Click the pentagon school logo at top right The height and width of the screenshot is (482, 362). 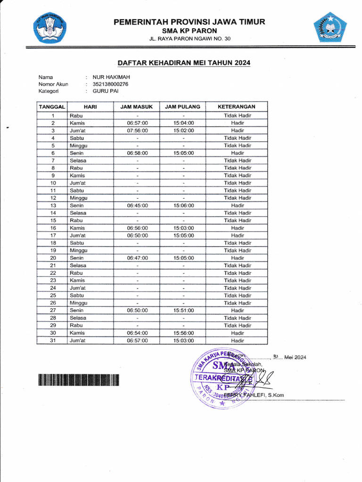click(x=330, y=28)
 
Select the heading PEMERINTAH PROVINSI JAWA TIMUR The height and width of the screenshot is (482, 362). click(x=189, y=22)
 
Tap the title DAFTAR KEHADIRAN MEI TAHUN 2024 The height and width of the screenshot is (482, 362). click(x=184, y=63)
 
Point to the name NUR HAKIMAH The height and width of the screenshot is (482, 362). click(x=111, y=77)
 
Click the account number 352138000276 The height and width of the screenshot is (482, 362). click(x=110, y=84)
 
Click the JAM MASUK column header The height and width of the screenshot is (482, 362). click(x=137, y=107)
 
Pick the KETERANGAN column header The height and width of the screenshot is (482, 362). click(x=237, y=107)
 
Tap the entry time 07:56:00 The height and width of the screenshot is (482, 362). click(x=137, y=130)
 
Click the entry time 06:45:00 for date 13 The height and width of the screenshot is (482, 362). click(x=137, y=206)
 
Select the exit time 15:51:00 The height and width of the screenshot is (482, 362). click(x=183, y=311)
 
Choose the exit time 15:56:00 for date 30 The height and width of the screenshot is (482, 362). click(x=183, y=333)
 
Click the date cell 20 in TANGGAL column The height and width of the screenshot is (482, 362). click(x=53, y=258)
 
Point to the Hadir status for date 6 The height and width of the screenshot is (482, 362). click(x=238, y=153)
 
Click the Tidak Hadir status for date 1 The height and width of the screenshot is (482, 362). click(x=238, y=115)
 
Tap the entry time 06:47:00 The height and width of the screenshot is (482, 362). click(x=137, y=258)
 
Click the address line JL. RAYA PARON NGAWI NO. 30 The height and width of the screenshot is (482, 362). click(x=189, y=39)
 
